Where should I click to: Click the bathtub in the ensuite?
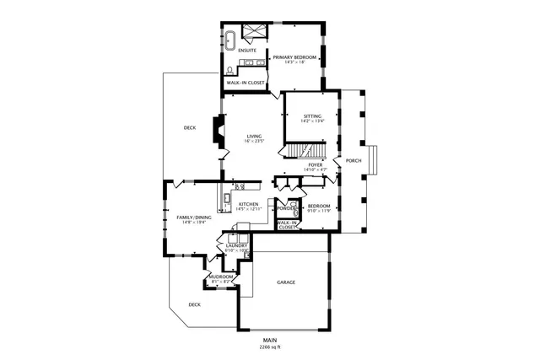229,38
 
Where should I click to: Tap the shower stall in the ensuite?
252,33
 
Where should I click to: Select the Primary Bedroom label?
294,57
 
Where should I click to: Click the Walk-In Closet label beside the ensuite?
246,83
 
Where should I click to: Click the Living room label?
254,136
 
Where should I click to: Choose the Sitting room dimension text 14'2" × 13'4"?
312,121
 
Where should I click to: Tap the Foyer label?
315,164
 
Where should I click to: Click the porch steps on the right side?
375,161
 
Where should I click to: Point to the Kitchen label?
248,204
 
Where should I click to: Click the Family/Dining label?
193,217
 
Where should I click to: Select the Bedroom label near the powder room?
318,206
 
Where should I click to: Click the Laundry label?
236,245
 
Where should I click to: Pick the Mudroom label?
221,277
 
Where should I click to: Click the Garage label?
286,282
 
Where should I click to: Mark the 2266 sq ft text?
269,347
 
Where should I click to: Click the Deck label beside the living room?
190,128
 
